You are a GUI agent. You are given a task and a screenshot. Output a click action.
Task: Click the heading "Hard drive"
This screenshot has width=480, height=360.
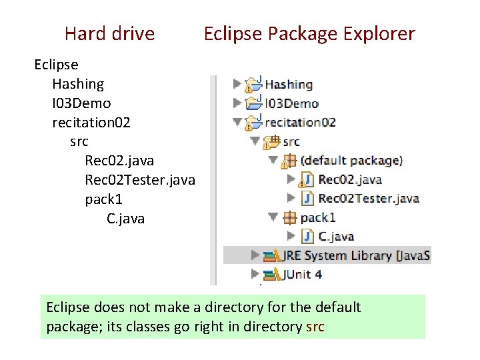click(109, 33)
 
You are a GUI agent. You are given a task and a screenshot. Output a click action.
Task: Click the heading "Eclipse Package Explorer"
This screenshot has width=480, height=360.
click(309, 33)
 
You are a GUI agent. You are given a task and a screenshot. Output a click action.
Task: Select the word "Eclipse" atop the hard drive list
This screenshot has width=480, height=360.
click(57, 65)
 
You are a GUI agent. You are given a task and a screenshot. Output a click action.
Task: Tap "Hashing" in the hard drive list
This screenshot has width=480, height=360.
click(78, 84)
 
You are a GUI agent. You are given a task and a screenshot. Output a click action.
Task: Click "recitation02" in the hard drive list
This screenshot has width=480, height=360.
click(91, 123)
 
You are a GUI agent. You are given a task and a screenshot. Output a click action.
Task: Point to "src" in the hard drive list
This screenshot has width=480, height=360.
click(79, 141)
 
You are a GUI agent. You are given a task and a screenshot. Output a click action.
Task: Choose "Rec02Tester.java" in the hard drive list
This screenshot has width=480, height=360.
click(140, 180)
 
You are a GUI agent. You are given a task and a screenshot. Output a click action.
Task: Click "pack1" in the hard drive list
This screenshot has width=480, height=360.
click(103, 199)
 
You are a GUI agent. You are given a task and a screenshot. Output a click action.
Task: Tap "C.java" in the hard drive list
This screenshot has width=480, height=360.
click(125, 219)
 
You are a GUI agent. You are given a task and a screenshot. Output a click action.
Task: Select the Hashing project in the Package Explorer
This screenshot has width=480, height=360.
click(288, 85)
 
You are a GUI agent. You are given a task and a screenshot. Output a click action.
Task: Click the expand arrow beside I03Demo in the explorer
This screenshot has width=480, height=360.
click(237, 103)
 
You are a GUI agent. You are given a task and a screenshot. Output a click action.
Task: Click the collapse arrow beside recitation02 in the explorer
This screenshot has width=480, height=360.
click(237, 123)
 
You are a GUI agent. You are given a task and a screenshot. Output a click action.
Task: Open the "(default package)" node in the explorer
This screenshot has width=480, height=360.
click(351, 161)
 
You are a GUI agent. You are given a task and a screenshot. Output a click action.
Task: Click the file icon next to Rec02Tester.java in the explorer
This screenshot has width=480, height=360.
click(307, 198)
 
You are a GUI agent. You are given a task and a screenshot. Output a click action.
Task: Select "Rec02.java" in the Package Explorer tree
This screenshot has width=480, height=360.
click(349, 179)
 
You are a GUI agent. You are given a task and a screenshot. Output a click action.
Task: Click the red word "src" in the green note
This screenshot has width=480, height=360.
click(315, 327)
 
